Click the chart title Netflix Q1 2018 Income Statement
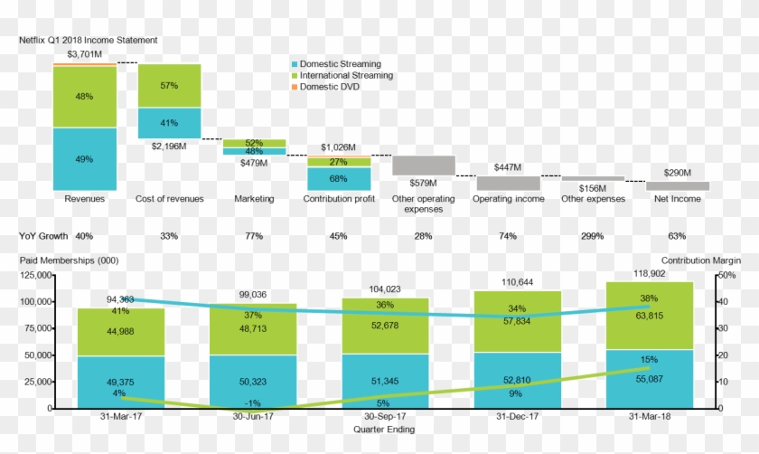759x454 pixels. (89, 41)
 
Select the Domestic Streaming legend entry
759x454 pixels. (340, 64)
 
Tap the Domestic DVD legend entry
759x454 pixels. (331, 87)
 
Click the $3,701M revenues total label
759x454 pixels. (85, 54)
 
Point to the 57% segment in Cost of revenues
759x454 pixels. (169, 86)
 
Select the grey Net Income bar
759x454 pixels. (677, 185)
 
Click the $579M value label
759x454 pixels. (422, 182)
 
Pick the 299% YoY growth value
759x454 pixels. (592, 236)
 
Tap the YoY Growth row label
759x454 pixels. (43, 236)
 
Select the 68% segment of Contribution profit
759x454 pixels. (338, 178)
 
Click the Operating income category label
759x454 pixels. (508, 199)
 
